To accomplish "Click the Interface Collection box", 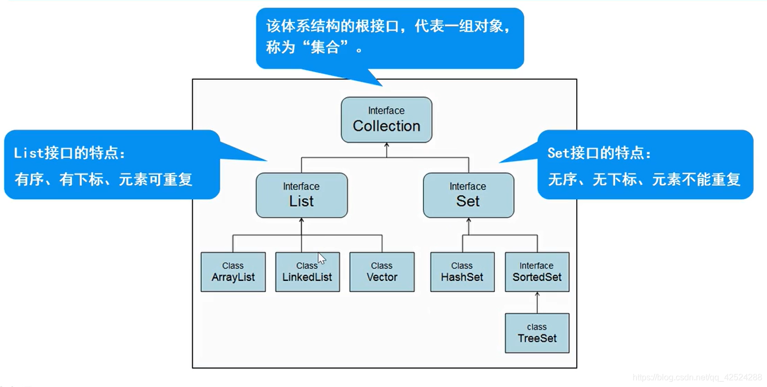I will coord(386,119).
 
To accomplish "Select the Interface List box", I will coord(301,195).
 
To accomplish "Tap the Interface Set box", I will coord(468,195).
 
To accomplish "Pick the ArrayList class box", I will coord(233,272).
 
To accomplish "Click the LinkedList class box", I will coord(307,272).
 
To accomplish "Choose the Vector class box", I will coord(381,272).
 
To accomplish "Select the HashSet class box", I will coord(462,272).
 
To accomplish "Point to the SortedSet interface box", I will coord(536,272).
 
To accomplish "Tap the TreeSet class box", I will coord(536,333).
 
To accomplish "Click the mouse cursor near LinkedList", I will coord(321,259).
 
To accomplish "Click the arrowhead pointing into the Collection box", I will coord(386,146).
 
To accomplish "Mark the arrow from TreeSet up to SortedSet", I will coord(537,303).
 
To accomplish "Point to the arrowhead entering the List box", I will coord(301,221).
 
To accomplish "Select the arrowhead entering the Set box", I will coord(468,221).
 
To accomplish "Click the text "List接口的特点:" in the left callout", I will coord(70,154).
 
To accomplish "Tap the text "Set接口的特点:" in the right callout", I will coord(599,154).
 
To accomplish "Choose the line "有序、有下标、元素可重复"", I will coord(104,179).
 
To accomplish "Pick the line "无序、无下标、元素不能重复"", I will coord(644,179).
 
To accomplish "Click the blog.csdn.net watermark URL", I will coord(697,377).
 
